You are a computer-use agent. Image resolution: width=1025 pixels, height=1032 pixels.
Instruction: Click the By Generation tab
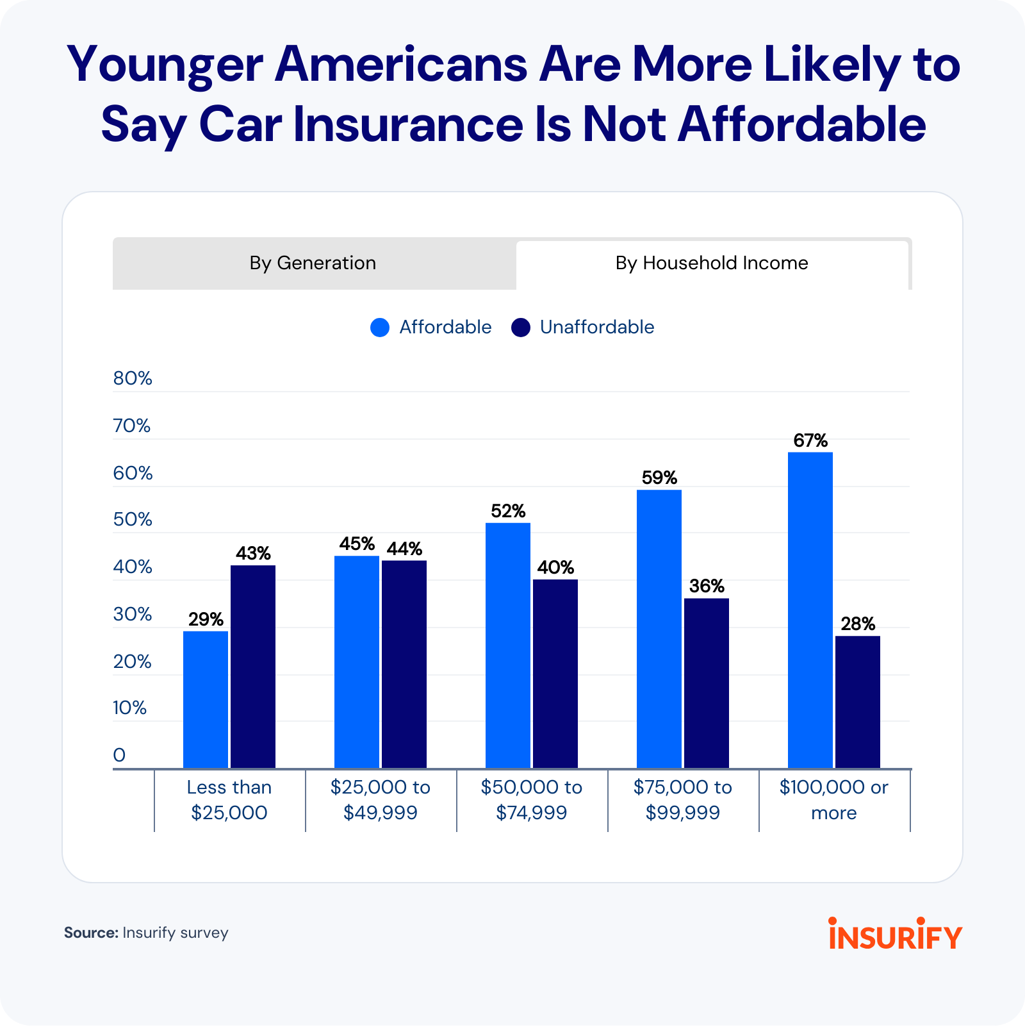pos(313,263)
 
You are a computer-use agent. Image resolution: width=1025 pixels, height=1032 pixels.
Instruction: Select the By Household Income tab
pos(712,263)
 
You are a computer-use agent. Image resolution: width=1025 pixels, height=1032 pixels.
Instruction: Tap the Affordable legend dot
pos(380,328)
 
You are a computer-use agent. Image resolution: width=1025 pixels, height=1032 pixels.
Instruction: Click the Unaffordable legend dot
pos(521,328)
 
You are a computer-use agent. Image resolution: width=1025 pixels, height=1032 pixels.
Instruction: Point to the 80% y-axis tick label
pos(133,378)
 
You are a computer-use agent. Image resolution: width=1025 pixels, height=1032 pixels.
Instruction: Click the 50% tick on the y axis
pos(133,519)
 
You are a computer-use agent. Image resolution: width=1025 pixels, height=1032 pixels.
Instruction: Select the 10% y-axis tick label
pos(130,708)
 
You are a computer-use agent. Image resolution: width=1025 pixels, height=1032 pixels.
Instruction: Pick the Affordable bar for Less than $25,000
pos(206,699)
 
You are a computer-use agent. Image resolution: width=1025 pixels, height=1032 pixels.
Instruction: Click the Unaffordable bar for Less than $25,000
pos(253,667)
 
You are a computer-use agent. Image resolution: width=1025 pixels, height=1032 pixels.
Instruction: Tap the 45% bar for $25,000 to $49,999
pos(357,662)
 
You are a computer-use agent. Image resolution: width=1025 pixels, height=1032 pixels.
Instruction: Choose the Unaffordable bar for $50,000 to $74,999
pos(555,673)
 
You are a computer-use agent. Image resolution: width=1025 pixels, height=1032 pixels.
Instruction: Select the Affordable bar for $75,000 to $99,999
pos(659,628)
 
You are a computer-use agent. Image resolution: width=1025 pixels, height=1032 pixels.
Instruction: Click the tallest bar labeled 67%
pos(810,610)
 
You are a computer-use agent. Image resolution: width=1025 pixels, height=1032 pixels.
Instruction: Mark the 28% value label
pos(858,624)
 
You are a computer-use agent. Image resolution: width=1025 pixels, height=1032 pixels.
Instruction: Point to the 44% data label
pos(404,549)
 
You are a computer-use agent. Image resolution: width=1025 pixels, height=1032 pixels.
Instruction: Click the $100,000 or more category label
pos(834,800)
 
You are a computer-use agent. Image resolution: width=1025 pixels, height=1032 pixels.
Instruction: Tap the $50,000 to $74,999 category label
pos(532,800)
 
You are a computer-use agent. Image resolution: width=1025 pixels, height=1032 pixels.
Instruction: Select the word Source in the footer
pos(90,933)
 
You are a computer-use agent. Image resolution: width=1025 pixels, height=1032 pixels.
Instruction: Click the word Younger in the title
pos(165,65)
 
